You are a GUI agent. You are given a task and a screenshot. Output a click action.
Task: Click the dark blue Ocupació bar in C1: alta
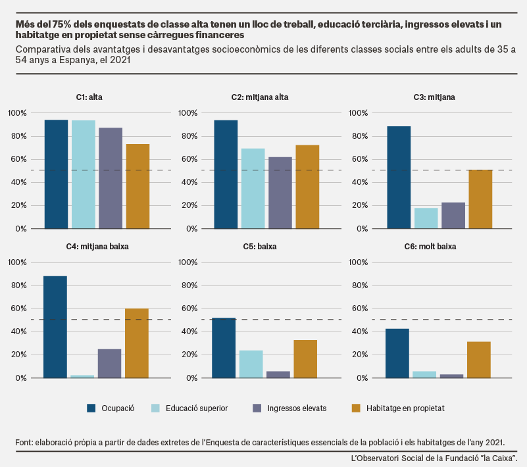(56, 174)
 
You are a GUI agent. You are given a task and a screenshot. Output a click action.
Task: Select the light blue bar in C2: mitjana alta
(253, 189)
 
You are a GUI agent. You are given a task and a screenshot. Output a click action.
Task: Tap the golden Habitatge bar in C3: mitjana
(481, 199)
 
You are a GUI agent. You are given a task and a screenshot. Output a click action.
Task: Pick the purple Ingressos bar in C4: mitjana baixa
(110, 364)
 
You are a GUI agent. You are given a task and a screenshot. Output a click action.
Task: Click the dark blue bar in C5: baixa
(224, 348)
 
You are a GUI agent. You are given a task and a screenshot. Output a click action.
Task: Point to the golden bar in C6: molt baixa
(479, 360)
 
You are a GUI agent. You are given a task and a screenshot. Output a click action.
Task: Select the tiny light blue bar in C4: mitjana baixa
(82, 376)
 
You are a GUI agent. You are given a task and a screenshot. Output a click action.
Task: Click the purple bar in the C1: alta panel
(111, 178)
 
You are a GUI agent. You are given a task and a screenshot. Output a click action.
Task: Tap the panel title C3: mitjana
(434, 97)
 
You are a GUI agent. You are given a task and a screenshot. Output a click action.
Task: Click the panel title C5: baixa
(260, 247)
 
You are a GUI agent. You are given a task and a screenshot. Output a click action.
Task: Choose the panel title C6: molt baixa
(430, 247)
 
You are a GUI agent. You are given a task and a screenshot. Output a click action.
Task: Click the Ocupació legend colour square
(91, 408)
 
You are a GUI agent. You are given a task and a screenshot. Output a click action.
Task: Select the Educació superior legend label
(197, 408)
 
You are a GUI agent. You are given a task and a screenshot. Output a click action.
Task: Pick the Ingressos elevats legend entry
(289, 408)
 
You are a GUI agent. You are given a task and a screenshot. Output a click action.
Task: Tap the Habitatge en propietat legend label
(405, 408)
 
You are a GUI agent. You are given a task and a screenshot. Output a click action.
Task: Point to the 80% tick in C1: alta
(18, 136)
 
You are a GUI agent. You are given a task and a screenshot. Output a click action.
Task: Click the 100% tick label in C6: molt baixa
(358, 262)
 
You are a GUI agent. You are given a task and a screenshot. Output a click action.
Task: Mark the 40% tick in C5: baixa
(189, 332)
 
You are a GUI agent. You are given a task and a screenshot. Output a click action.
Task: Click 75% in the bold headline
(61, 24)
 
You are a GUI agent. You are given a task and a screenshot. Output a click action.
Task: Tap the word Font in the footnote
(24, 442)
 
